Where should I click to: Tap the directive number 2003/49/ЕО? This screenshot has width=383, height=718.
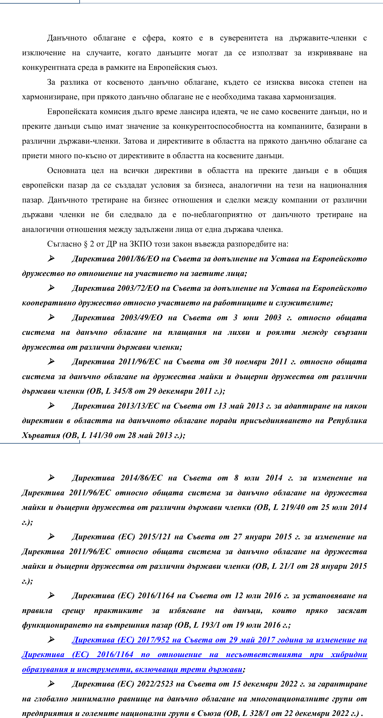tap(141, 318)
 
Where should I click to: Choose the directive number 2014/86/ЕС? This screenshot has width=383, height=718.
tap(141, 478)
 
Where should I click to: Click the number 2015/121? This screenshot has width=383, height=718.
tap(155, 537)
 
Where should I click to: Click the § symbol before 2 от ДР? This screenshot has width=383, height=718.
tap(86, 244)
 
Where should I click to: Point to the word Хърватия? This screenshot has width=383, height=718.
tap(41, 435)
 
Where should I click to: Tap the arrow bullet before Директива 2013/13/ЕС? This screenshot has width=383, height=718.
tap(51, 406)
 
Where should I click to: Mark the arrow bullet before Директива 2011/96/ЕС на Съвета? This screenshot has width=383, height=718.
tap(51, 362)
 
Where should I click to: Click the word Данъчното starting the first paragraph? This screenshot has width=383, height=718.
tap(67, 38)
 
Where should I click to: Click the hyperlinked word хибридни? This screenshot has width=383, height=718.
tap(349, 655)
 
